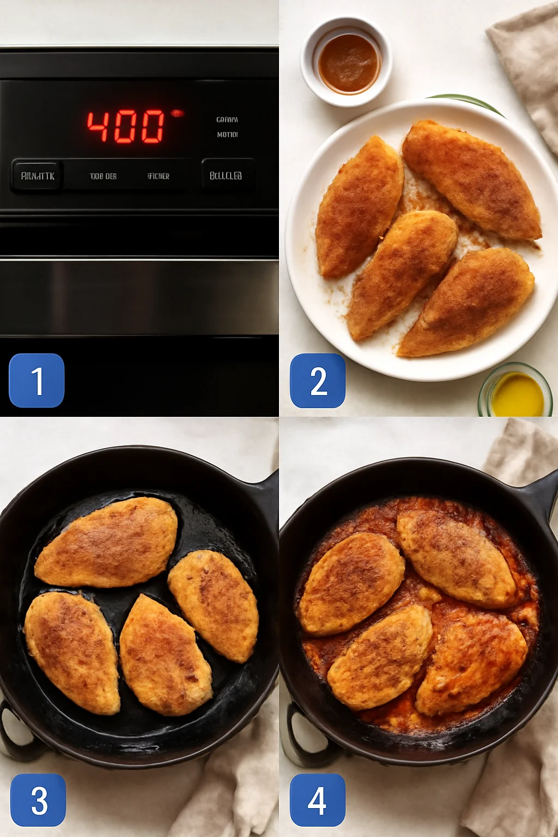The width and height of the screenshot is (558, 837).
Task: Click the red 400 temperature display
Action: (x=126, y=126)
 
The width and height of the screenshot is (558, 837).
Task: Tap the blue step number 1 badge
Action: (x=37, y=380)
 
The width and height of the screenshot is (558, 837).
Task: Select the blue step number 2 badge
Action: (x=318, y=380)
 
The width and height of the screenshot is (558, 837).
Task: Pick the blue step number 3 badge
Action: (x=38, y=800)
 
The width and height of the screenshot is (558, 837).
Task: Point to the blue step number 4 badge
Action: (x=318, y=800)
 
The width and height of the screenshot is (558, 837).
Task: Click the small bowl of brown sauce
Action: (x=347, y=62)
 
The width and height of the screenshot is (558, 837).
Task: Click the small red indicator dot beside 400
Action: (x=177, y=113)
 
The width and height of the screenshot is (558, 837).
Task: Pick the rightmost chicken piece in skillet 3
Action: (x=214, y=605)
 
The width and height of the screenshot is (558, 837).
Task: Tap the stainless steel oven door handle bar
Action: (x=139, y=297)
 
